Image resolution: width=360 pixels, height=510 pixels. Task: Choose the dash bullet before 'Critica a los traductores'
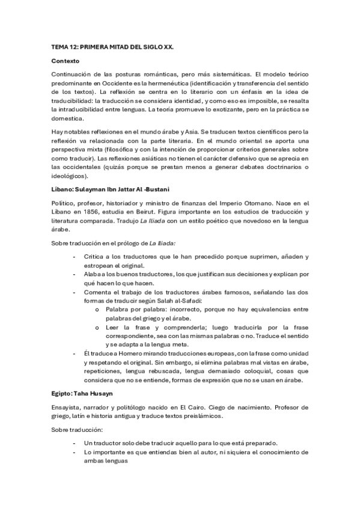[74, 256]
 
